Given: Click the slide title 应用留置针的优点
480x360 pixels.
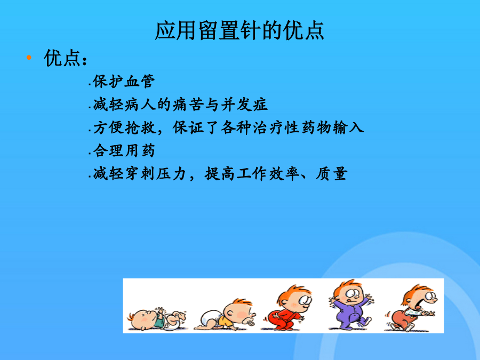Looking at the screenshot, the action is click(239, 30).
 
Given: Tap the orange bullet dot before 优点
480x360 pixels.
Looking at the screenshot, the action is click(29, 57).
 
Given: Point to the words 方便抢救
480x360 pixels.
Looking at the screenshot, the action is click(124, 127).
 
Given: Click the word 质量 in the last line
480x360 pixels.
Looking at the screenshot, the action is click(332, 173).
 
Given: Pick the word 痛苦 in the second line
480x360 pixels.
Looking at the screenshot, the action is click(188, 105).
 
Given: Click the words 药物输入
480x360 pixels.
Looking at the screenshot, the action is click(333, 127).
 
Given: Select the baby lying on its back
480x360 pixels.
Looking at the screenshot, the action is click(156, 319).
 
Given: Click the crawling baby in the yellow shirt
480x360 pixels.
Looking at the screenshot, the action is click(225, 315).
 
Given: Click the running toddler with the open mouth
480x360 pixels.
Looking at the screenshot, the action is click(410, 308).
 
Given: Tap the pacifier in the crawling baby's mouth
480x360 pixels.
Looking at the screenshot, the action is click(250, 323).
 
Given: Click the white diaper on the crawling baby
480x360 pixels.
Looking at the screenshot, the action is click(210, 318).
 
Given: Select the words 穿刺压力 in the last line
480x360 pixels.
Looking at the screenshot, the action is click(156, 173).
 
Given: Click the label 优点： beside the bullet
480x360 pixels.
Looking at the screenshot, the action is click(66, 58).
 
